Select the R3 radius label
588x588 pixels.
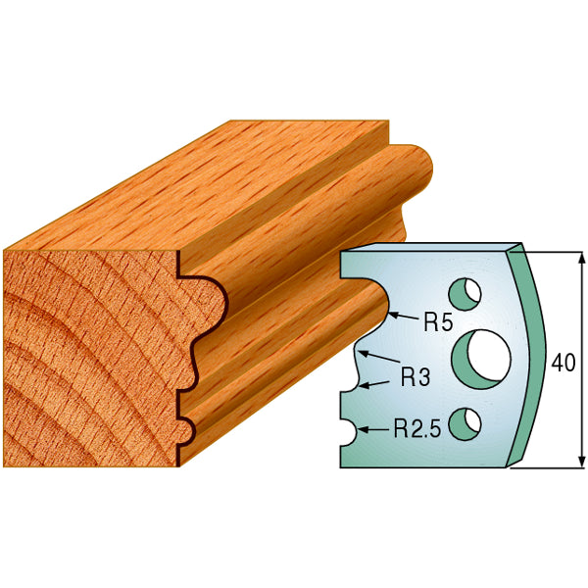coord(416,375)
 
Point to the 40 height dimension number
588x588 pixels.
coord(563,362)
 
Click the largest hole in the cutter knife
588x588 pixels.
coord(483,356)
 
